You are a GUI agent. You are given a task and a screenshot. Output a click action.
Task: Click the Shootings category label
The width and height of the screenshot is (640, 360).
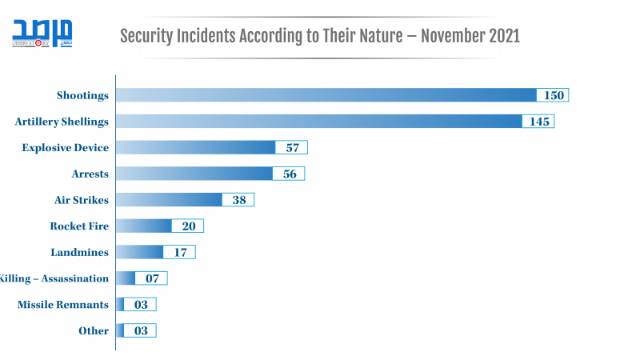point(82,95)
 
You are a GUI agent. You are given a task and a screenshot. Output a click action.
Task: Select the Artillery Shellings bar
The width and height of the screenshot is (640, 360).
point(320,122)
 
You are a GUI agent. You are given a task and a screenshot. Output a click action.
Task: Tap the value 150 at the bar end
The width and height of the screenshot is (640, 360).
point(553,95)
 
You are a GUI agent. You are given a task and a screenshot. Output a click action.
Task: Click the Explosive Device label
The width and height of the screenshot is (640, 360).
point(66,147)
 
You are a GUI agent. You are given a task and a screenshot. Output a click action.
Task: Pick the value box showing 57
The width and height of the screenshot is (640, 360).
point(292,147)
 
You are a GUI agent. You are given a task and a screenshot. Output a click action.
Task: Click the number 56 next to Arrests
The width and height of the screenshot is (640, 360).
point(289,174)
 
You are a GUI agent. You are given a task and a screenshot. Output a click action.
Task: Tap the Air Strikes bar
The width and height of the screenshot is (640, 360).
point(169,200)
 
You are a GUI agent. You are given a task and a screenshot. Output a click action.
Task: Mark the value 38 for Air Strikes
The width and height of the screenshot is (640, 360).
point(238,200)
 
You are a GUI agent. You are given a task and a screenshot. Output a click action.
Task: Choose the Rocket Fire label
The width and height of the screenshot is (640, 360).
point(79,226)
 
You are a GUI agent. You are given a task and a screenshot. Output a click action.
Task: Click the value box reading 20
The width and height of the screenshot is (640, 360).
point(188,226)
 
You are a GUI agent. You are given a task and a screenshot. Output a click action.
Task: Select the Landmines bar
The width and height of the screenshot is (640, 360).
point(140,252)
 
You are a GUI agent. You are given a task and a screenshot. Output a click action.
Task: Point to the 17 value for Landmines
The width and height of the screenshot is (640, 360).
point(179,252)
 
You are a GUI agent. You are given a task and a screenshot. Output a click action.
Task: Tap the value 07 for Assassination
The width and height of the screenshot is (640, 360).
point(152,278)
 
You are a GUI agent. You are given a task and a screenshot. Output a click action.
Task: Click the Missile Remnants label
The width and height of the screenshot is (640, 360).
point(63,304)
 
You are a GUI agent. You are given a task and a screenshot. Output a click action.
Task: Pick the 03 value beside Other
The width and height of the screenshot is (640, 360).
point(140,330)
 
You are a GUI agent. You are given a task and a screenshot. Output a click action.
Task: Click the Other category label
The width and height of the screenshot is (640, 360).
point(94,330)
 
